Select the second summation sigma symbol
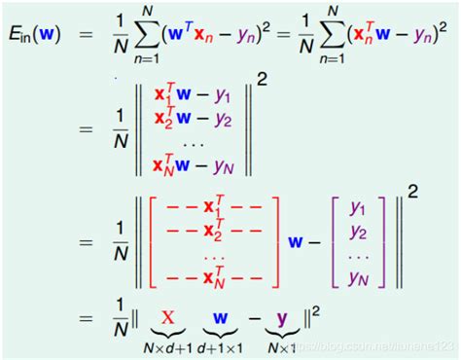point(334,37)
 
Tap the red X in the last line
point(167,318)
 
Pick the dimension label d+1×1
point(221,345)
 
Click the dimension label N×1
point(281,345)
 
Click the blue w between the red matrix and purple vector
point(294,240)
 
